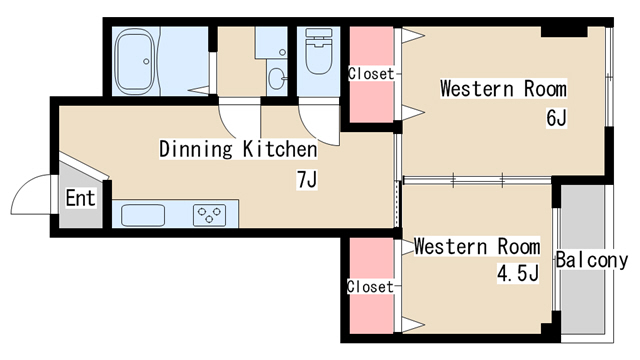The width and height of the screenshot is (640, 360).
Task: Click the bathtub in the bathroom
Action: (x=136, y=61)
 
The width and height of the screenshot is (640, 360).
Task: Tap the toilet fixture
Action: (x=318, y=51)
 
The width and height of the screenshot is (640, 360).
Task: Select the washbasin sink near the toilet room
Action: (x=277, y=78)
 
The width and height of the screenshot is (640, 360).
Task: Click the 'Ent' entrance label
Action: (x=80, y=198)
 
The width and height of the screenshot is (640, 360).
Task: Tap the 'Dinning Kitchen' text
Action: (x=238, y=149)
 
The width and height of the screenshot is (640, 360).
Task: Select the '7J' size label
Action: (x=307, y=180)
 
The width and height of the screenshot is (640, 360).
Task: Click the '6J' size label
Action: (x=556, y=118)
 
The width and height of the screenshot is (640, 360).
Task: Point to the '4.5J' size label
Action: (x=518, y=273)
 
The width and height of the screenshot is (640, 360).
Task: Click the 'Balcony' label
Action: (x=592, y=260)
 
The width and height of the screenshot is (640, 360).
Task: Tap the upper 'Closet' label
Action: (x=371, y=74)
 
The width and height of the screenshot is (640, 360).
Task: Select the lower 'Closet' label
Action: (x=371, y=287)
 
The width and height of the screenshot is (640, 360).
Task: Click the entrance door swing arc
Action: (x=21, y=186)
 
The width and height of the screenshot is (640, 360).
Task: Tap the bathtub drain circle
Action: (x=146, y=62)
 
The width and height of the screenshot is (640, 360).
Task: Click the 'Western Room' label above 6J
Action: (x=503, y=89)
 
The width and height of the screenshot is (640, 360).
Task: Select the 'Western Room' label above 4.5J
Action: (x=477, y=247)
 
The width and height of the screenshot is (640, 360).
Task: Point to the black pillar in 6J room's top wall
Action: (x=564, y=31)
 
